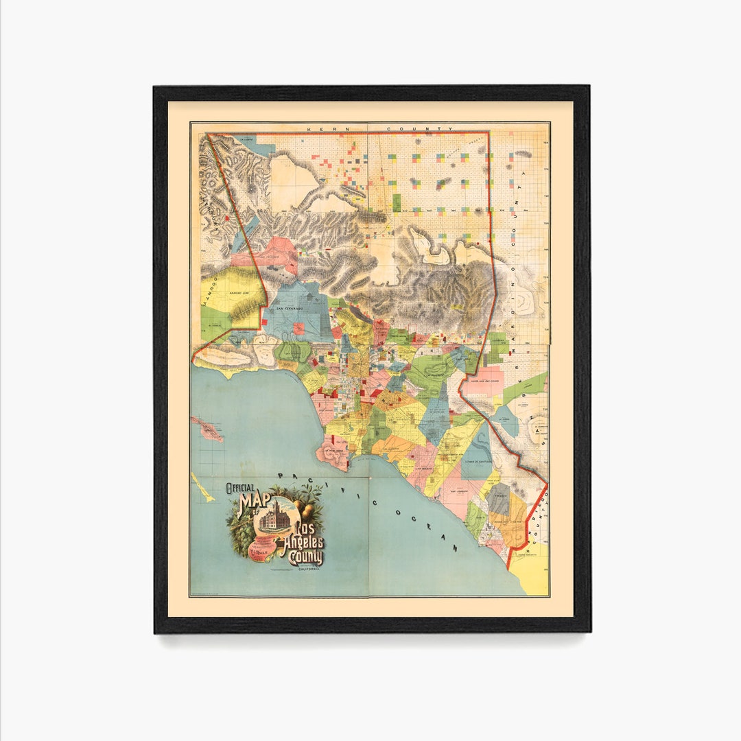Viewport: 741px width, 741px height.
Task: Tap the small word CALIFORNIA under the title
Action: (307, 569)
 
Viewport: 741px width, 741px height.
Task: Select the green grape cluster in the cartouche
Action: (239, 541)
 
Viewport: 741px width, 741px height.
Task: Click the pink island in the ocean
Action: (207, 430)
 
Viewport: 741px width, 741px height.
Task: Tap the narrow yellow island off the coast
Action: (202, 486)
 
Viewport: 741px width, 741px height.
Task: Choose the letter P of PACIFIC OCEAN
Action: (281, 475)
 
